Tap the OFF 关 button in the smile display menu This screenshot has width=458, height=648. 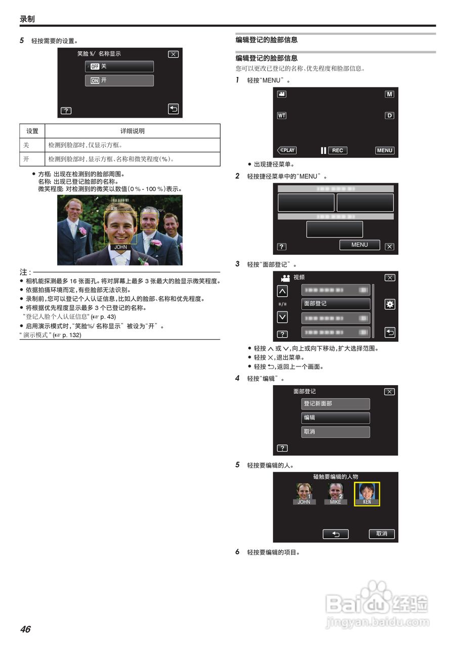coord(119,67)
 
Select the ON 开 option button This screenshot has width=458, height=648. coord(119,80)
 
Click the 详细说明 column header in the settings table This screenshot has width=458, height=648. coord(133,131)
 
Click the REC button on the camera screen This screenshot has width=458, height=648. coord(337,150)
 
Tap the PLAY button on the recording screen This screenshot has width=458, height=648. coord(287,150)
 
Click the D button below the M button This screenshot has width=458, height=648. coord(389,115)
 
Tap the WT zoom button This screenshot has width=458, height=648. coord(281,115)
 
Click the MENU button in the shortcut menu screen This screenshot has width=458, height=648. coord(359,245)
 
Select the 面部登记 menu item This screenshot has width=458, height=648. coord(336,304)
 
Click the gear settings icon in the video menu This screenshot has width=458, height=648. coord(390,304)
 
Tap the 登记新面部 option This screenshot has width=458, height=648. coord(336,404)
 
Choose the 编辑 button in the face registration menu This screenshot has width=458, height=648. coord(336,418)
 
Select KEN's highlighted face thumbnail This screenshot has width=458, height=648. coord(367,494)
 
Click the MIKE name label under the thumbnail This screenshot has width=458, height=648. coord(336,502)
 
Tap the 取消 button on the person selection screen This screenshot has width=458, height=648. coord(382,534)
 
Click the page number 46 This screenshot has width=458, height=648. coord(25,629)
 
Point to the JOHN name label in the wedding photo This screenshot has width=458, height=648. coord(120,247)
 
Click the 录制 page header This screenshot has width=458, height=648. coord(27,19)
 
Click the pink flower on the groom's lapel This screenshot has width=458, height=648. coord(143,261)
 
